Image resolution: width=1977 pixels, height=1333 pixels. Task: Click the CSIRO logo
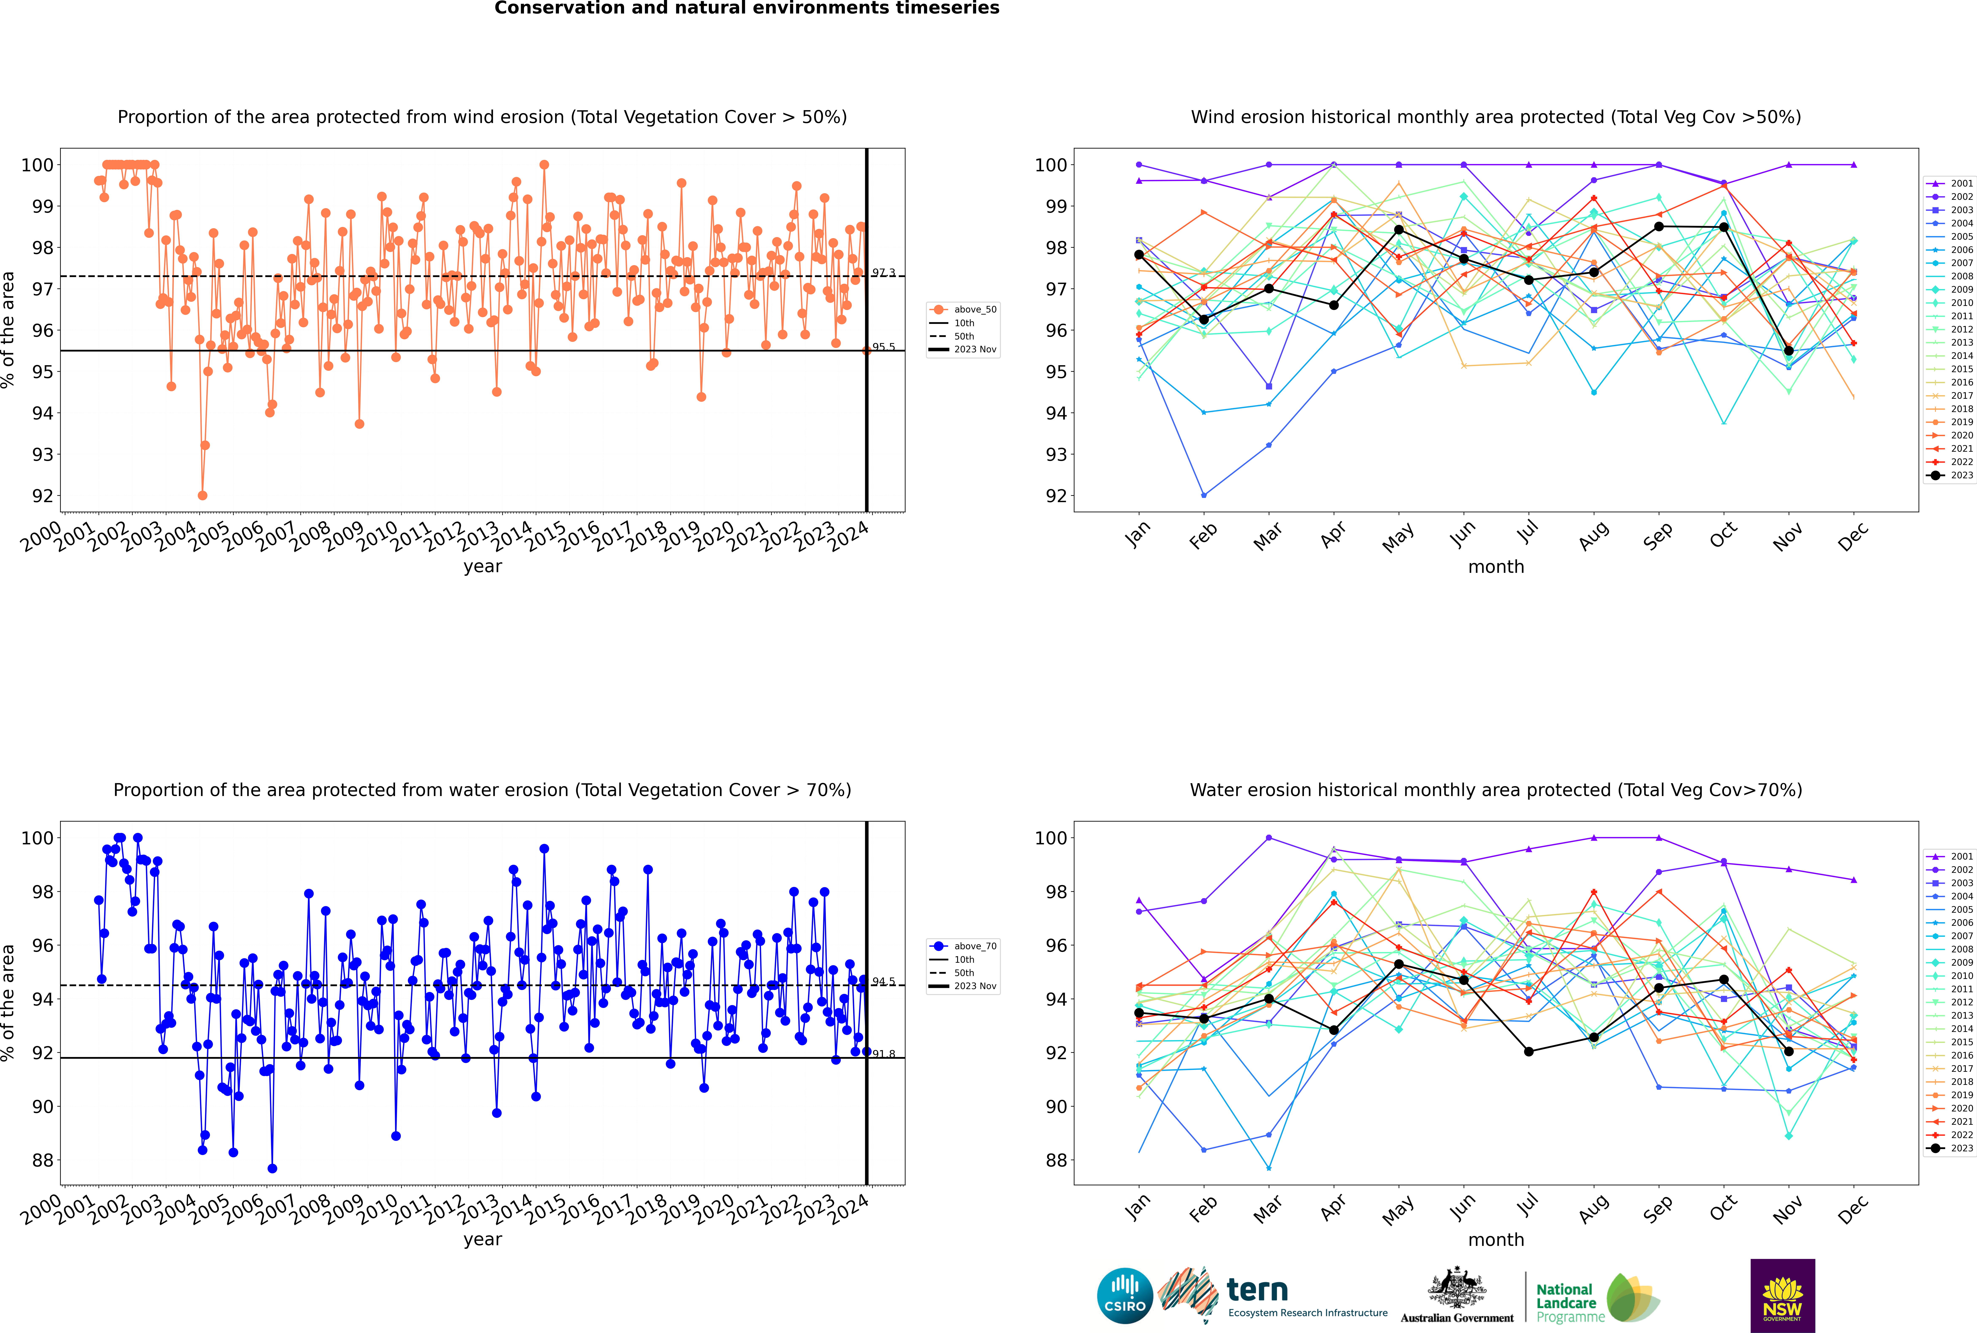[1124, 1296]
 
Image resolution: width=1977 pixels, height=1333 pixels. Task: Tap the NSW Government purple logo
[1782, 1295]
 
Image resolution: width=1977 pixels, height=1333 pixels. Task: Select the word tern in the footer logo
[1257, 1290]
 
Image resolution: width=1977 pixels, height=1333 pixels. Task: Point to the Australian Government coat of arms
[1457, 1288]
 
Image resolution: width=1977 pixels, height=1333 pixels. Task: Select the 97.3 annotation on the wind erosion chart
[883, 273]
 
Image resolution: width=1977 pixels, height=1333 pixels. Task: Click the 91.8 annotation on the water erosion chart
[883, 1054]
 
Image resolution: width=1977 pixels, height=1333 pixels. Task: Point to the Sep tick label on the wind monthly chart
[1658, 535]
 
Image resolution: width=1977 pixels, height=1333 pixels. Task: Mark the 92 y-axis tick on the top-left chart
[42, 496]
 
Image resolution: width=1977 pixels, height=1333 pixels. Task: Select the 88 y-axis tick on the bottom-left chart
[42, 1160]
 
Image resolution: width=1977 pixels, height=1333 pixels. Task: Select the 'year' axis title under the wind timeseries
[483, 567]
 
